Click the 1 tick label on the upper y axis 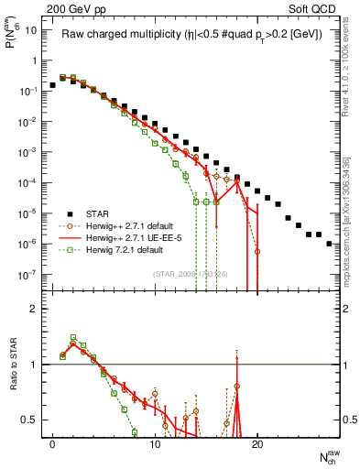tap(34, 60)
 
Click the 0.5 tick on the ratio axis tap(29, 420)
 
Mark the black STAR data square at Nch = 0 tap(52, 85)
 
